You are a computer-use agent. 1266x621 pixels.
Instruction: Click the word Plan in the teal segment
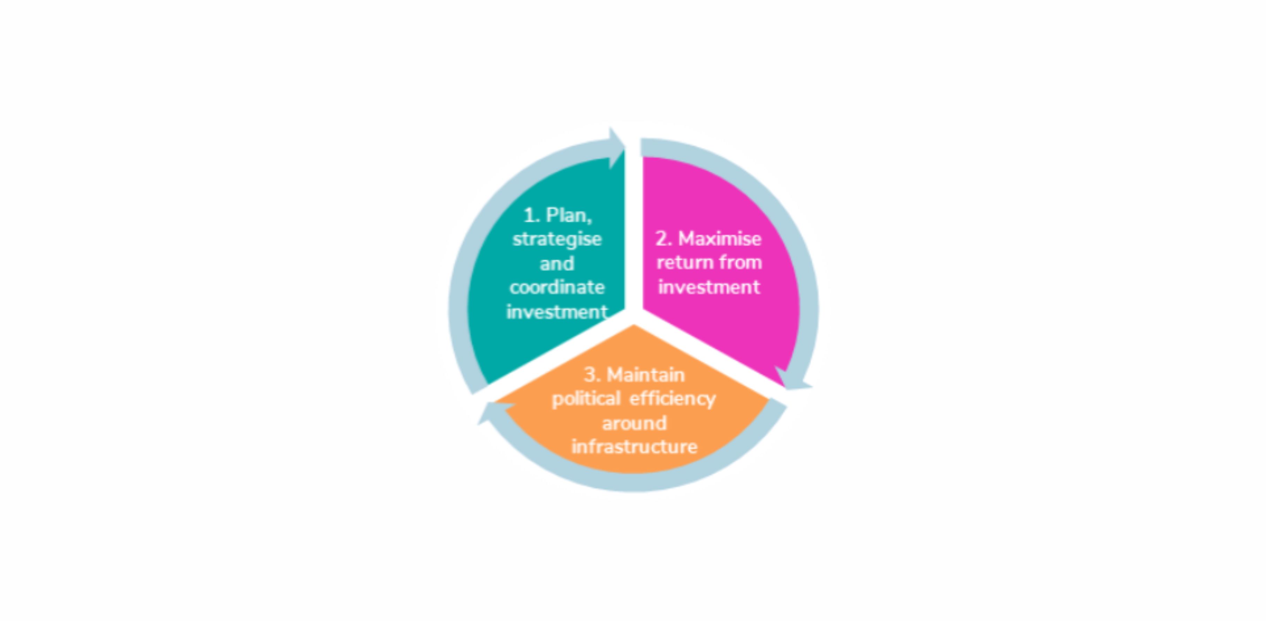point(569,215)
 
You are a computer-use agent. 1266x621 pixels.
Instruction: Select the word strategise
point(557,239)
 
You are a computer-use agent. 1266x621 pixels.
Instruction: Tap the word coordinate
point(557,287)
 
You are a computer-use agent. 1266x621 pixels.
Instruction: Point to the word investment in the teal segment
point(557,312)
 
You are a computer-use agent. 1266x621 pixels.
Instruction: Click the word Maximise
point(720,239)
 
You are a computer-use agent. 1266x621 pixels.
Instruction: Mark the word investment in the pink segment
point(709,287)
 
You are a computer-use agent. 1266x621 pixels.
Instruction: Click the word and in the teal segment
point(557,264)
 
